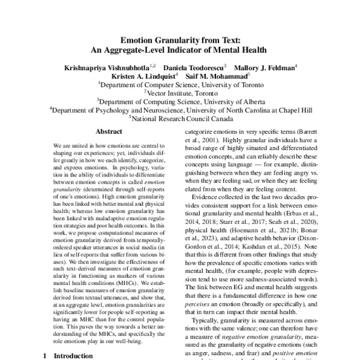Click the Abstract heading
click(108, 131)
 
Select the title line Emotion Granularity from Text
click(180, 39)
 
